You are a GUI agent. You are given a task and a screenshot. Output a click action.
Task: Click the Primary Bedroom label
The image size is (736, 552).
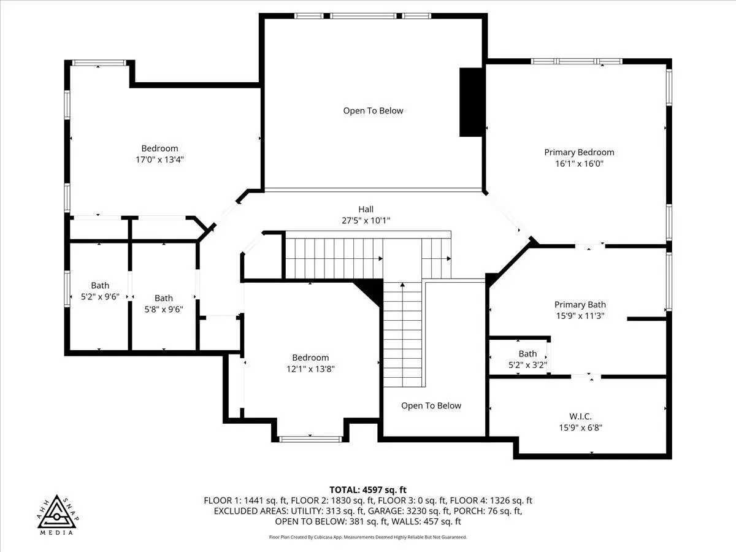(579, 153)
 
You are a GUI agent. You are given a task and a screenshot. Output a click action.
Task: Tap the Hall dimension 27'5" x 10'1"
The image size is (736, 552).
(366, 221)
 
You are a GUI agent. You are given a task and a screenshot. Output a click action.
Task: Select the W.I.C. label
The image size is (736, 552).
(580, 416)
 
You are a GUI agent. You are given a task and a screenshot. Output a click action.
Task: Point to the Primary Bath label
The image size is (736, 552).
(580, 305)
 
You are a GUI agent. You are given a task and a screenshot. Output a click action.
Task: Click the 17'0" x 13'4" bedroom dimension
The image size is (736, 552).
(159, 159)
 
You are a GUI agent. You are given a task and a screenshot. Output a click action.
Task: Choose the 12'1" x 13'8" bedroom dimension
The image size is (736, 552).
(310, 369)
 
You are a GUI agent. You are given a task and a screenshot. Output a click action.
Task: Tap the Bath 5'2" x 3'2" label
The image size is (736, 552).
(528, 359)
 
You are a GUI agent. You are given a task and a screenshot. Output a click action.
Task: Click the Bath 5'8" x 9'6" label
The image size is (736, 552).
(164, 304)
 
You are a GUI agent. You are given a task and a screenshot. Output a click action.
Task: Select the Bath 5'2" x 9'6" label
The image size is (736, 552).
(100, 291)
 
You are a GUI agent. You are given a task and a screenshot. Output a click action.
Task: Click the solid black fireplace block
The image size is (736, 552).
(472, 102)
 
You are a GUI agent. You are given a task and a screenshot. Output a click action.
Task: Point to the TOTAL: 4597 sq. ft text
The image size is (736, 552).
(368, 490)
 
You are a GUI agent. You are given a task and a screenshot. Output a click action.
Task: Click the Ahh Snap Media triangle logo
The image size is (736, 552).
(58, 515)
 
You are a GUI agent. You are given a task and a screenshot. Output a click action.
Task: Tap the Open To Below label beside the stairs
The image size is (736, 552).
(431, 406)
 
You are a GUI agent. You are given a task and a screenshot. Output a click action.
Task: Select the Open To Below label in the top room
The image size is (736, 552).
(373, 111)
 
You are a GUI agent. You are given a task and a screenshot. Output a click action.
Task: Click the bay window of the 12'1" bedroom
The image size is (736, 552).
(310, 439)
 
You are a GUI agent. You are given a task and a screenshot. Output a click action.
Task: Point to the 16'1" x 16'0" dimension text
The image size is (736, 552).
(580, 164)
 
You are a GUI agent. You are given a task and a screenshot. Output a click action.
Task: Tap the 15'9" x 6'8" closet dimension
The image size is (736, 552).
(580, 427)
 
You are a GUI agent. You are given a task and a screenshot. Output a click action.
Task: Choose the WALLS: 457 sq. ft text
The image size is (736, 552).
(426, 521)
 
